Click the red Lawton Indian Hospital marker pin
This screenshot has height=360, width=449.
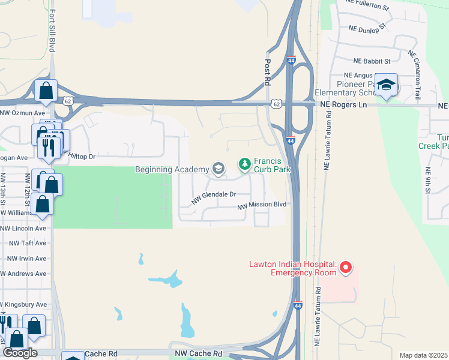345,267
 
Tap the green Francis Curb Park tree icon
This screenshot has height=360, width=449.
244,163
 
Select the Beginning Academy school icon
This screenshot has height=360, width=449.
217,169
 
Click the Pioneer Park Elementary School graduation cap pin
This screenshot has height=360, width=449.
387,85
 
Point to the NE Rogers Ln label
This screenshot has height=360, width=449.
343,104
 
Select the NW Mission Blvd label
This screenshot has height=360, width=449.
262,205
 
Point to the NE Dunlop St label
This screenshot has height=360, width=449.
369,28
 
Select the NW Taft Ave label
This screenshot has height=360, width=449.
26,244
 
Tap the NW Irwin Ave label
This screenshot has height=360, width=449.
26,259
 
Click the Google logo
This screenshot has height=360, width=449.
20,353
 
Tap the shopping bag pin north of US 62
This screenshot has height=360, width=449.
46,91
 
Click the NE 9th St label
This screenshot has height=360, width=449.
428,181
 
